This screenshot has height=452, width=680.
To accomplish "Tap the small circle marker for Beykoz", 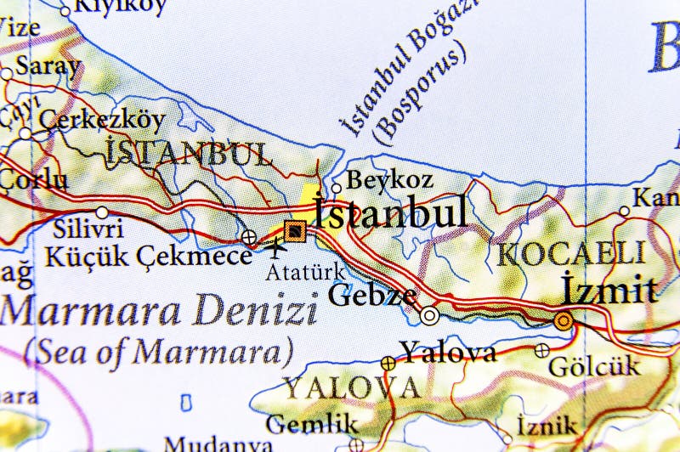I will (337, 189).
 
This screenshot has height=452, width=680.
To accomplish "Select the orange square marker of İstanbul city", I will (294, 229).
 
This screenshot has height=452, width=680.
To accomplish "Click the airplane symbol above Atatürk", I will (276, 248).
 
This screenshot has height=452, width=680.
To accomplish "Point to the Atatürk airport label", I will (305, 272).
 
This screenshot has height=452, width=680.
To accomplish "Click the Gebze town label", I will (372, 296).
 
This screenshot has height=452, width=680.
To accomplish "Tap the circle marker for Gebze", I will (430, 316).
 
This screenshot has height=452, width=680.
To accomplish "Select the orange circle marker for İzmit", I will (563, 321).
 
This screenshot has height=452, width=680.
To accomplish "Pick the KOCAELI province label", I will (571, 254).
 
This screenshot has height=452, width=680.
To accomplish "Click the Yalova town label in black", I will (448, 352).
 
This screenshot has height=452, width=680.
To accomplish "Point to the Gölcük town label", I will (594, 368).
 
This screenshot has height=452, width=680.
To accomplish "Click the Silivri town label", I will (88, 229).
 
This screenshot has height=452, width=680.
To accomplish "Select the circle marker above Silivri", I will (102, 212).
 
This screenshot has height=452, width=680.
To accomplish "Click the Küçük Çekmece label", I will (149, 254).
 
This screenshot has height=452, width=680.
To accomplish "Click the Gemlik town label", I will (312, 423).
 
